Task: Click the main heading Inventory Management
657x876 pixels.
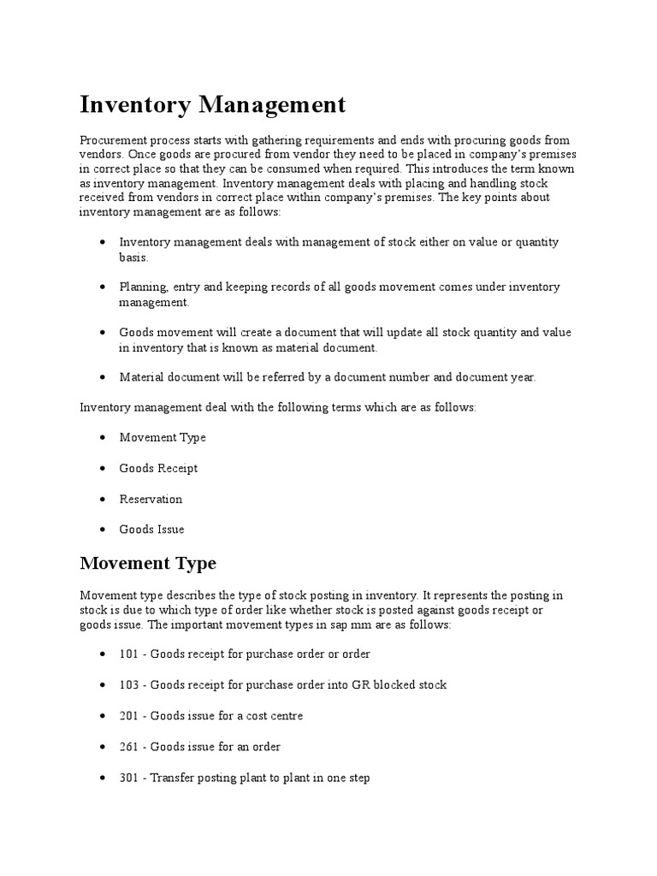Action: click(213, 105)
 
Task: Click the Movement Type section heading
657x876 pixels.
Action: click(148, 563)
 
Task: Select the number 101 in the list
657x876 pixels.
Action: click(128, 654)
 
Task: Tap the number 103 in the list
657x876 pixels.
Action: click(128, 685)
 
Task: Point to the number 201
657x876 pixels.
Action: click(128, 716)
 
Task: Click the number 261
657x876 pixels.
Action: click(128, 747)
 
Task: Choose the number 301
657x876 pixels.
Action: click(128, 779)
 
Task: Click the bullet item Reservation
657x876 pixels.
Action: click(151, 499)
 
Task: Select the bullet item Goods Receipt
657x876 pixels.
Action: click(158, 468)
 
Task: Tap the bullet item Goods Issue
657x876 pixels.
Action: click(151, 530)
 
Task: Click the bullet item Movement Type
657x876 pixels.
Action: click(163, 437)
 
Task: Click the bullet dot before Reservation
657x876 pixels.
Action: click(103, 500)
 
